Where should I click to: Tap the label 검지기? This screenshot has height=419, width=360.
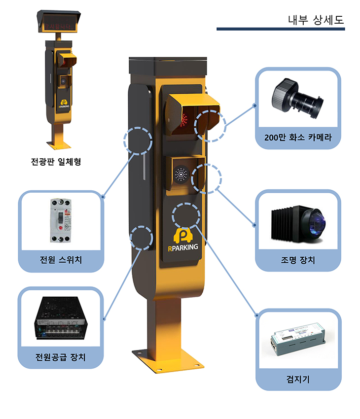point(298,379)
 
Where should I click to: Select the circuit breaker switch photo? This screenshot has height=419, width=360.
point(60,220)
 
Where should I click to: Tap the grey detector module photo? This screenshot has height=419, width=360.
point(297,341)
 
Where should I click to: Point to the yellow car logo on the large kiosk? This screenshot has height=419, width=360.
point(183,234)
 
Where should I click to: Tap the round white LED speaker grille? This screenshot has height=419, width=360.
point(181,174)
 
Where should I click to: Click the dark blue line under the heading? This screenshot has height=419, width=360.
point(281,29)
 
